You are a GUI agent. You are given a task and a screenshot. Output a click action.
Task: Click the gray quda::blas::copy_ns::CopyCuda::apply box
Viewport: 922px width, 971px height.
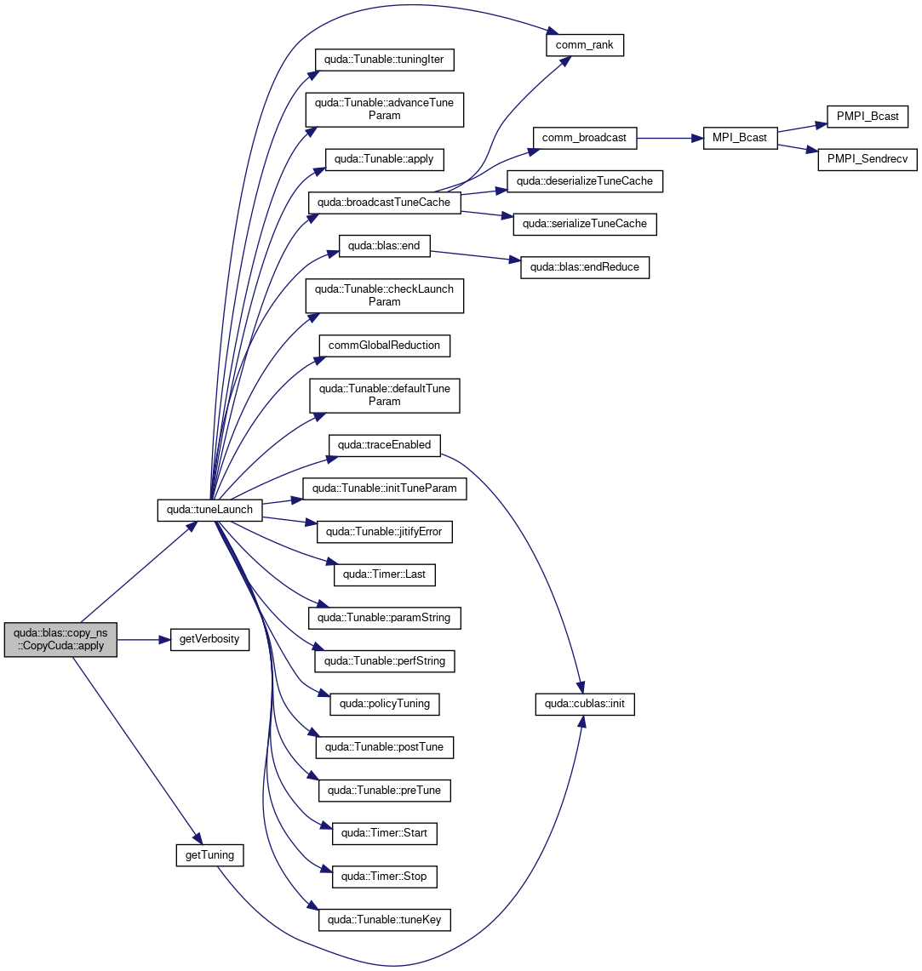60,639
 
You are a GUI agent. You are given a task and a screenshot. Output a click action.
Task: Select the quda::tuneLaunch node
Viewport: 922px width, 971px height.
209,510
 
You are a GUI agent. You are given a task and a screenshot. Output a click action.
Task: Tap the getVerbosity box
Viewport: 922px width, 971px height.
209,639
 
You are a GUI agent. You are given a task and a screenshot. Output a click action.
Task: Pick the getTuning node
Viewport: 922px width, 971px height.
209,855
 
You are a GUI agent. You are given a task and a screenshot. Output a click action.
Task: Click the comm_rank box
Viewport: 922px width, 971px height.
584,45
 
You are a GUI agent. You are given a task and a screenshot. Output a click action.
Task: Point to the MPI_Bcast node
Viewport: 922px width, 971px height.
740,138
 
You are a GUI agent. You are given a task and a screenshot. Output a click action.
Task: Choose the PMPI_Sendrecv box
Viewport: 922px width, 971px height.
867,159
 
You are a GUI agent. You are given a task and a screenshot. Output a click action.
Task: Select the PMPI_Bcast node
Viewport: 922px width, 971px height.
867,117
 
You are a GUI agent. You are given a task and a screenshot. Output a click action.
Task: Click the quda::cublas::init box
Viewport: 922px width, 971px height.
584,704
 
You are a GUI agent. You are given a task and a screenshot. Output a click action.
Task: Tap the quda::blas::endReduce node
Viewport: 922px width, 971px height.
584,267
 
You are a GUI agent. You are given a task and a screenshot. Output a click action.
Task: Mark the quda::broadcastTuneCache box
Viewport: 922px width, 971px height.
384,203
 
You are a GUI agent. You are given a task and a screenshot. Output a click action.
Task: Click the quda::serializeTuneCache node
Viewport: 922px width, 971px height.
584,224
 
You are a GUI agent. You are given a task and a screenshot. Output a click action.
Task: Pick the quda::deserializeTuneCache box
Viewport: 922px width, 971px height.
584,181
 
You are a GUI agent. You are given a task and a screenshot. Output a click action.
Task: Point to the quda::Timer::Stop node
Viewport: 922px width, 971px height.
384,877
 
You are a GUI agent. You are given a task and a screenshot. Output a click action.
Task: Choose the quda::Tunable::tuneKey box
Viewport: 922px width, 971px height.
384,920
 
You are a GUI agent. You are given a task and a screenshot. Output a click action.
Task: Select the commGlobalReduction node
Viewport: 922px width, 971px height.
384,346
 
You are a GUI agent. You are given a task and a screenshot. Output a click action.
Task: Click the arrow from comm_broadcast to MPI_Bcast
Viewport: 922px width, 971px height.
670,138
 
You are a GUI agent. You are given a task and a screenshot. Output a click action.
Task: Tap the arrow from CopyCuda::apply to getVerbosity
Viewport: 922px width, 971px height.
144,640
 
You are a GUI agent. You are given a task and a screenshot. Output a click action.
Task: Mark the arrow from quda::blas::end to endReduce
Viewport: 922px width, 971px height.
475,256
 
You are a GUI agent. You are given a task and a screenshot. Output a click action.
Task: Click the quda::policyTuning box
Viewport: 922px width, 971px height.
384,704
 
